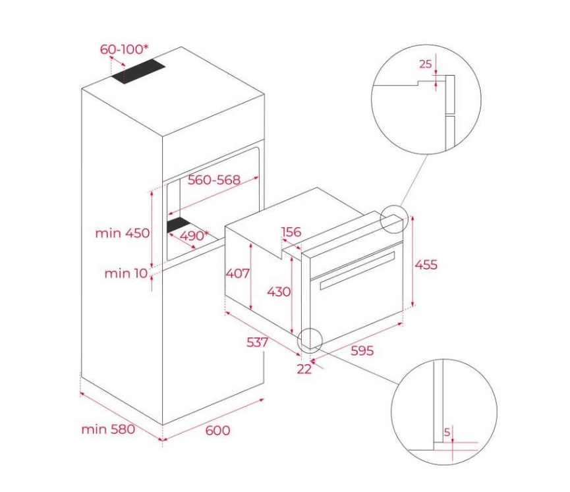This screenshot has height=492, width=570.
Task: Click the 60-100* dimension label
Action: point(125,49)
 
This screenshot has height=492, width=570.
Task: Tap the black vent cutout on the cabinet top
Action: point(138,72)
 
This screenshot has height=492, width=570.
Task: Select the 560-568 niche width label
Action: point(214,180)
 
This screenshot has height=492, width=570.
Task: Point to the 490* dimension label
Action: point(194,236)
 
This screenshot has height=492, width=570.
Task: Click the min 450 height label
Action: point(123,233)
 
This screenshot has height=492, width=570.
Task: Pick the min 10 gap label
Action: point(126,273)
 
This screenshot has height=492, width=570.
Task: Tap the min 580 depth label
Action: point(108,429)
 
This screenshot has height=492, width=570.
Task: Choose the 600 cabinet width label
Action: point(217,430)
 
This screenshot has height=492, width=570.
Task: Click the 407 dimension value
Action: point(238,273)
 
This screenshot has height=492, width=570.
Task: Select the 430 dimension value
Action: point(279,291)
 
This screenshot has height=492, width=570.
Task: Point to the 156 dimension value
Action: point(291,231)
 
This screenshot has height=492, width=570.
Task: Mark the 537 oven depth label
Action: point(258,342)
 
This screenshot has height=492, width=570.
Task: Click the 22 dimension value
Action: point(304,369)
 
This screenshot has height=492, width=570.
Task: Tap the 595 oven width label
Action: point(362,350)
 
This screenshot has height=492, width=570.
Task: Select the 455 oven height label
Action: point(426,265)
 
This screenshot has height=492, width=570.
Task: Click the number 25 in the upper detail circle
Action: point(426,64)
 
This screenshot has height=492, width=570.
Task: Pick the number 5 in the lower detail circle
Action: point(447,432)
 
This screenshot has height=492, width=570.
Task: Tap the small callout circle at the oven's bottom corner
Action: point(310,341)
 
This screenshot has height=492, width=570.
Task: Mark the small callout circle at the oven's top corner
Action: point(393,219)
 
